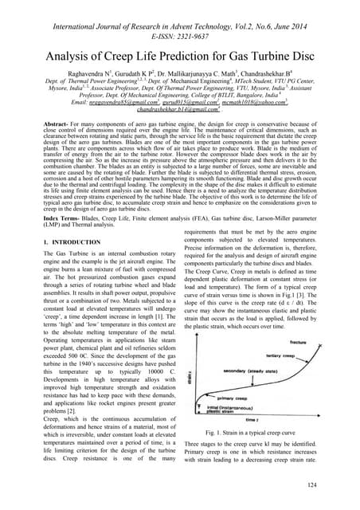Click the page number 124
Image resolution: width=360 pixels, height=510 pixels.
point(335,484)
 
